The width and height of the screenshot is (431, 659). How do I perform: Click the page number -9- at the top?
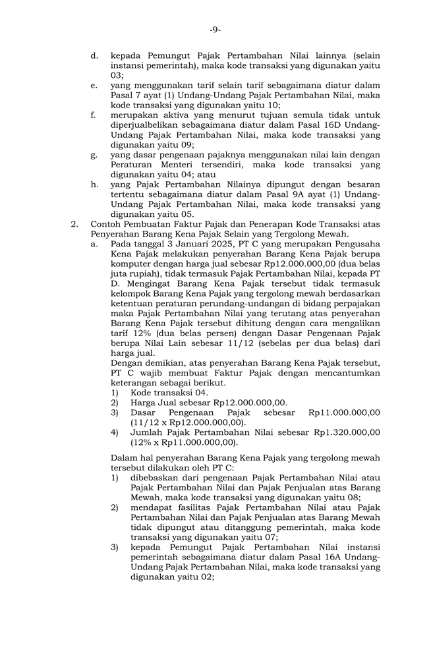pyautogui.click(x=215, y=30)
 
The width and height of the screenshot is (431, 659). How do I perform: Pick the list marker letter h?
pyautogui.click(x=94, y=185)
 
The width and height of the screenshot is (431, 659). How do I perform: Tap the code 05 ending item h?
pyautogui.click(x=187, y=214)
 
